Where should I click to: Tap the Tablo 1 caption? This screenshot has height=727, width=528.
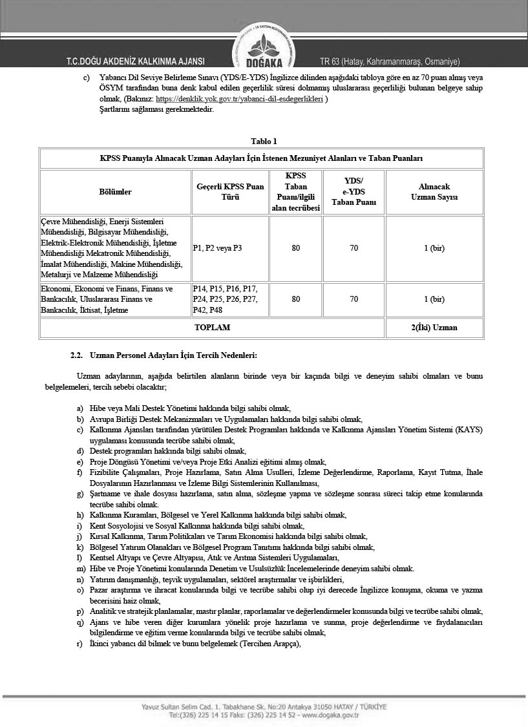click(x=264, y=142)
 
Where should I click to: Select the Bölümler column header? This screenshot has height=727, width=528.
click(x=115, y=192)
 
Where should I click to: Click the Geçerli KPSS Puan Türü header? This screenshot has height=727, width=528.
click(x=230, y=192)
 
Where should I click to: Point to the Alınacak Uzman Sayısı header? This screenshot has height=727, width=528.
click(x=434, y=192)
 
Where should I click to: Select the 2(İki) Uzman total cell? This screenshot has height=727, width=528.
click(x=434, y=328)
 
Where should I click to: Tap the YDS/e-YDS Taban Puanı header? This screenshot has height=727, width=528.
click(x=354, y=191)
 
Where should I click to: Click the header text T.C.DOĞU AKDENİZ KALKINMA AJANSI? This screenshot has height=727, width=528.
click(x=135, y=62)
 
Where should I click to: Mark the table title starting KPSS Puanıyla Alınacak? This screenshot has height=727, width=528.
click(x=261, y=158)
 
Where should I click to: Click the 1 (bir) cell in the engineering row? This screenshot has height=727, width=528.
click(x=434, y=248)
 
